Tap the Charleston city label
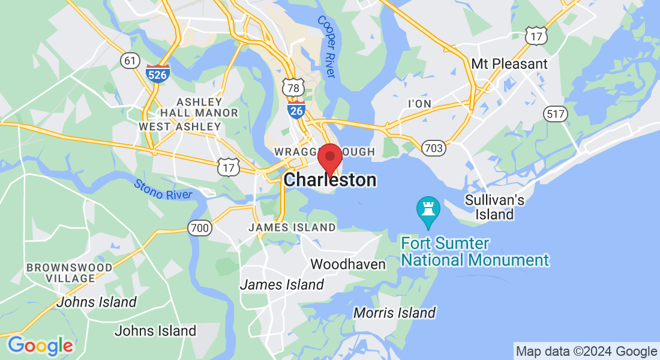pyautogui.click(x=330, y=179)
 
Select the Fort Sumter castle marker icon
pyautogui.click(x=428, y=209)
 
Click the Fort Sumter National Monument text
pyautogui.click(x=475, y=252)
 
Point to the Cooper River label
pyautogui.click(x=326, y=46)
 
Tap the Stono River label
pyautogui.click(x=163, y=190)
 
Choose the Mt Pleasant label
pyautogui.click(x=509, y=64)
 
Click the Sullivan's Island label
pyautogui.click(x=496, y=207)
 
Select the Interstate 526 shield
pyautogui.click(x=157, y=73)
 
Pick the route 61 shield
pyautogui.click(x=130, y=60)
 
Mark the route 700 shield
pyautogui.click(x=199, y=228)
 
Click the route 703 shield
pyautogui.click(x=433, y=148)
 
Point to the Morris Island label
pyautogui.click(x=394, y=313)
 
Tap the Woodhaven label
pyautogui.click(x=348, y=264)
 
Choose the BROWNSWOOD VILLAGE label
pyautogui.click(x=69, y=272)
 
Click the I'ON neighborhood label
pyautogui.click(x=419, y=104)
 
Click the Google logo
pyautogui.click(x=40, y=346)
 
